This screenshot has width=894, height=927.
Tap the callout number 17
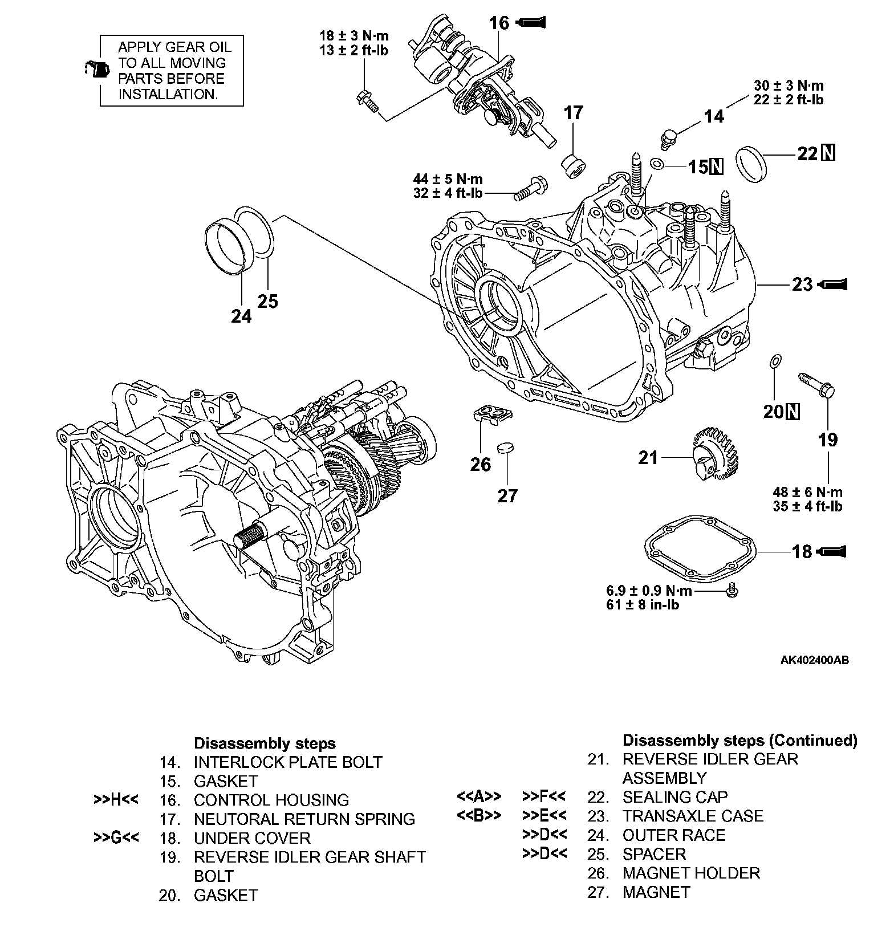(x=574, y=113)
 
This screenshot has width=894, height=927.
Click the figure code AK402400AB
(x=814, y=660)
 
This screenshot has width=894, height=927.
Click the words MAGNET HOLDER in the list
(x=691, y=873)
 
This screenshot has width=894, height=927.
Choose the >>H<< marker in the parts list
(x=116, y=800)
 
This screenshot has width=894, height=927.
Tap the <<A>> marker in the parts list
(x=479, y=796)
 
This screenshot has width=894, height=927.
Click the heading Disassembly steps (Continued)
(x=739, y=740)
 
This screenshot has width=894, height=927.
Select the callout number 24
(x=241, y=315)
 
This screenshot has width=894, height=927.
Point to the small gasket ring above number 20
(x=775, y=361)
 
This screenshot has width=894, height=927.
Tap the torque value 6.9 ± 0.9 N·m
(x=649, y=590)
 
